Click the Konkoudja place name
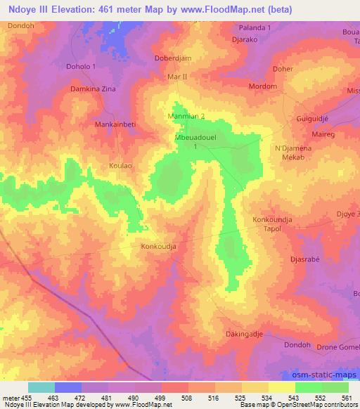[158, 247]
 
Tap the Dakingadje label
[243, 334]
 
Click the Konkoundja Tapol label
[272, 224]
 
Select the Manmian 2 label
[186, 115]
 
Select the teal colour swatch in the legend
[41, 387]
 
